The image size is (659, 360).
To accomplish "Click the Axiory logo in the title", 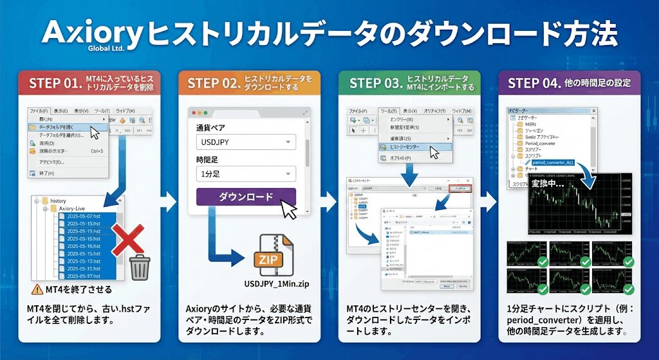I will coord(91,35).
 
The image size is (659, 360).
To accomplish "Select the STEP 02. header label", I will coord(214,83).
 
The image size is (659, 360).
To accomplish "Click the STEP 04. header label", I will coord(534,83).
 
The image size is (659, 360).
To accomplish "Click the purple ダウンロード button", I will coord(246,197).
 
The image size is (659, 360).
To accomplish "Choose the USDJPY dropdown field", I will coord(245,141).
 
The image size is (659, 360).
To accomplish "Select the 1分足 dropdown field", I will coord(245,173).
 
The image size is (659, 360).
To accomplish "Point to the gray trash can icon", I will coord(140,266).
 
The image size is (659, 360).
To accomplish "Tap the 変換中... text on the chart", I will coord(548,184).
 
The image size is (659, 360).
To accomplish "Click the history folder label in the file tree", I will coord(59,201).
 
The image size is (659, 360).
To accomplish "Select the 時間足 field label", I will coord(209,159).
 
